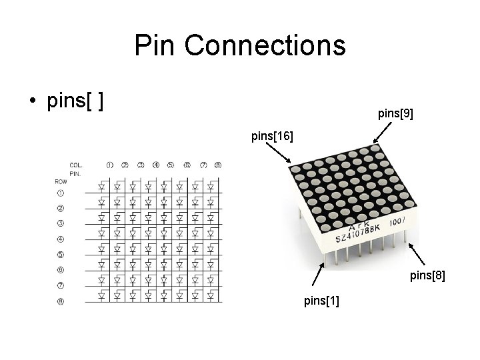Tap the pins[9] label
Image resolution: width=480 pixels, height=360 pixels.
pos(395,114)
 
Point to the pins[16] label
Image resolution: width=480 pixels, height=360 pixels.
pos(271,137)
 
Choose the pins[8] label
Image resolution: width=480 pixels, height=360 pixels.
pos(427,274)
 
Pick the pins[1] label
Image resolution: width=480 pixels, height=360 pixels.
pos(321,301)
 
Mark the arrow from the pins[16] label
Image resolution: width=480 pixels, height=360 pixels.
pos(281,154)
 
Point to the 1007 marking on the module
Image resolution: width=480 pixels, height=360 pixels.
pos(398,221)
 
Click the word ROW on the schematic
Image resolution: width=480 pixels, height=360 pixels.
pos(61,181)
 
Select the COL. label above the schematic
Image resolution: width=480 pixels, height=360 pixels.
pos(76,165)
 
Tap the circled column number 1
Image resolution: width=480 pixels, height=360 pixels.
pos(109,165)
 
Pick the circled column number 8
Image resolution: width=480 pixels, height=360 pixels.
pos(218,165)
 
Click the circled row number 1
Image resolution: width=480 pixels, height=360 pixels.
pos(61,193)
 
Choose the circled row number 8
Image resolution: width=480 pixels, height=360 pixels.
pos(61,301)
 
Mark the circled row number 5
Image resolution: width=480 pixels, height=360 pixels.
pos(61,255)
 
